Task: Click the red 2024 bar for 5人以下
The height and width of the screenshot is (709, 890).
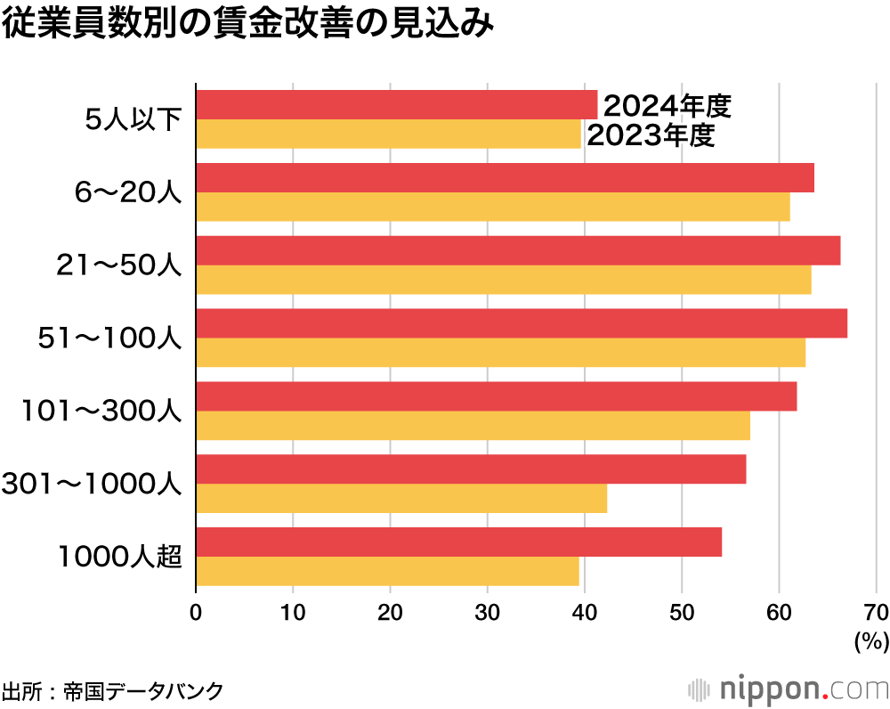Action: [396, 105]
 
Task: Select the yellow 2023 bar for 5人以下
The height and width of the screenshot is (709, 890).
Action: [388, 134]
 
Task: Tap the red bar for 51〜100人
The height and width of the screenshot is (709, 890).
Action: [521, 323]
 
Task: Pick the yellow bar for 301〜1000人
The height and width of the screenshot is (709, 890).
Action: [400, 499]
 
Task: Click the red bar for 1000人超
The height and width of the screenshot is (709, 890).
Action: [458, 542]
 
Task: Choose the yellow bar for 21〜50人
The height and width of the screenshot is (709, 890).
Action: [503, 280]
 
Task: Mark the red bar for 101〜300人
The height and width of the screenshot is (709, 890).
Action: [496, 396]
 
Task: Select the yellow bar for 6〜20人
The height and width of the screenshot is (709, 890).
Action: [492, 207]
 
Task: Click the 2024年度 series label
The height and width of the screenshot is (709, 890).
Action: [667, 107]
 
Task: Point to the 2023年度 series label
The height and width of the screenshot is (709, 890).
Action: [651, 135]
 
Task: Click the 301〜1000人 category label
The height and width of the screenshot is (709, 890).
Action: [93, 484]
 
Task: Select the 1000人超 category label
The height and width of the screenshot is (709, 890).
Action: [120, 557]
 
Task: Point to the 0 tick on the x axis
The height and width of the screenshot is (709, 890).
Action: [196, 612]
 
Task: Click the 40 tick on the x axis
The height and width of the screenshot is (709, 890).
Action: [585, 612]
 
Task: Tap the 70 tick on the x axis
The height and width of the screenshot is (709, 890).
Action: [876, 612]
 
